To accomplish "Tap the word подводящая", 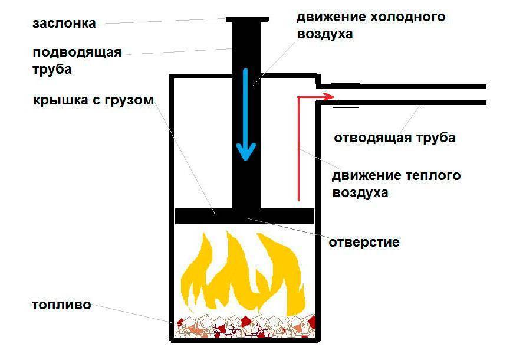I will click(x=77, y=53).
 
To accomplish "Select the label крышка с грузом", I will click(x=94, y=100).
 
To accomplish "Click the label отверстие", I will click(x=364, y=242).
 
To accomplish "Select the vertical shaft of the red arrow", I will click(x=298, y=148).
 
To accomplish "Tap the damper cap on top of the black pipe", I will click(x=246, y=19).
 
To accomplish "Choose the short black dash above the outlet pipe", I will click(x=345, y=82).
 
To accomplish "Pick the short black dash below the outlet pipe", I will click(x=346, y=107).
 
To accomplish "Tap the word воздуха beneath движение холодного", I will click(x=324, y=34).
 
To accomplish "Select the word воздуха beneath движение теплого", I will click(x=360, y=193).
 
